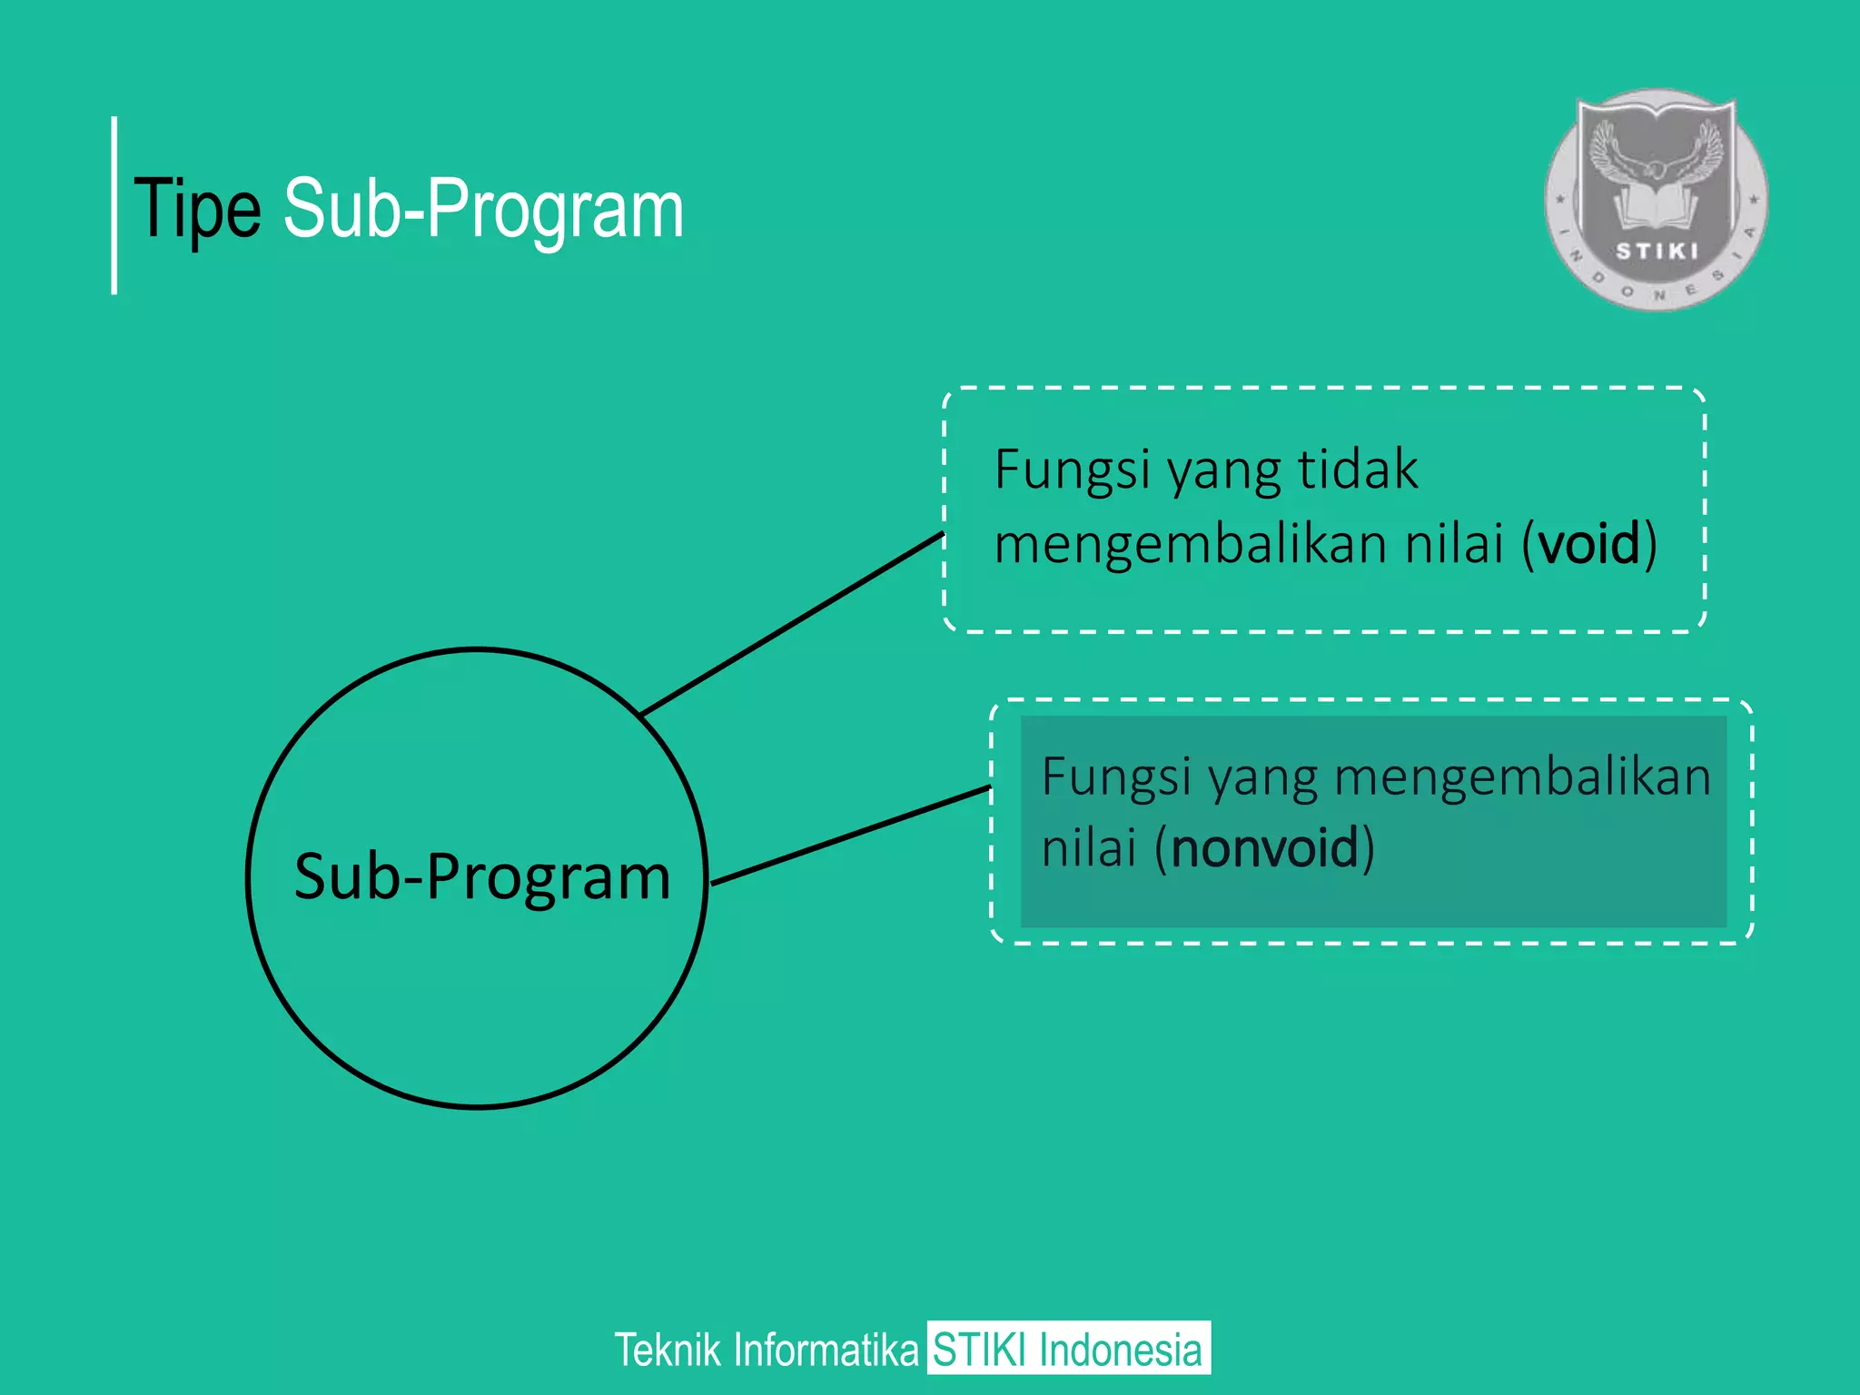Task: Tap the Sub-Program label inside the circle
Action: [482, 877]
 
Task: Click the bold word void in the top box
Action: [1589, 544]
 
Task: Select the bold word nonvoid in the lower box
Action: [1264, 848]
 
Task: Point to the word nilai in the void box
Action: [1454, 544]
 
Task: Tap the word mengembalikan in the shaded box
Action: [1522, 778]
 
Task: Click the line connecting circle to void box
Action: [792, 624]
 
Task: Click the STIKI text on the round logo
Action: [1656, 252]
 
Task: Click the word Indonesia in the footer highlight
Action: [1120, 1350]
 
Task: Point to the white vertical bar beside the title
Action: [114, 205]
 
